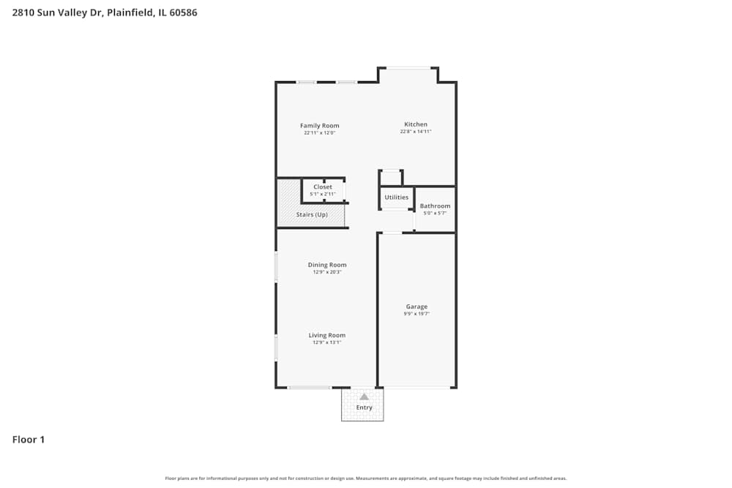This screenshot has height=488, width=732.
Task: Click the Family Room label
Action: coord(320,126)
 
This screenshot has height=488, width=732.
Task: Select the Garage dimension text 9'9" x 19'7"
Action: coord(417,314)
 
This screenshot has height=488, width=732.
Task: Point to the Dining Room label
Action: coord(327,265)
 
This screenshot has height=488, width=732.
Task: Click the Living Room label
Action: coord(326,335)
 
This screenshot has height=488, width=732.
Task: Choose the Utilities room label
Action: coord(397,198)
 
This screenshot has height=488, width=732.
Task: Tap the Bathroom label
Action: coord(435,206)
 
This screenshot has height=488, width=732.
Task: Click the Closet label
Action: coord(323,187)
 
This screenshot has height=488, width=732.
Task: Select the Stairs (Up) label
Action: coord(312,214)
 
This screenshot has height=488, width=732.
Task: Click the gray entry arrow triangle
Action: coord(364,397)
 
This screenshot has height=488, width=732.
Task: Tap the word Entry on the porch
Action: coord(364,408)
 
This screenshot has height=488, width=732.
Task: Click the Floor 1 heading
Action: coord(29,440)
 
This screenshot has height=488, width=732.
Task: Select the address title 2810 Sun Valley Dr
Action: coord(105,12)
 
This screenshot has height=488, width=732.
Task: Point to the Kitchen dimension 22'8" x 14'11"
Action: coord(416,132)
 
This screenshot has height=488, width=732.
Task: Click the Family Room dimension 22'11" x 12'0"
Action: coord(320,133)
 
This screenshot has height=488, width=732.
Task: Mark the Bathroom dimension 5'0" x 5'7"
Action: coord(435,213)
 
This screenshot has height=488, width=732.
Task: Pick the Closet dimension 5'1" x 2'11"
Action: coord(323,194)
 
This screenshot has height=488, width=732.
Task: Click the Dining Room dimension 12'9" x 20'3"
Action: coord(327,272)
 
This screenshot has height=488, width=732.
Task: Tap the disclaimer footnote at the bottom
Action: coord(366,478)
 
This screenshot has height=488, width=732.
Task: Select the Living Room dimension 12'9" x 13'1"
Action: coord(326,342)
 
